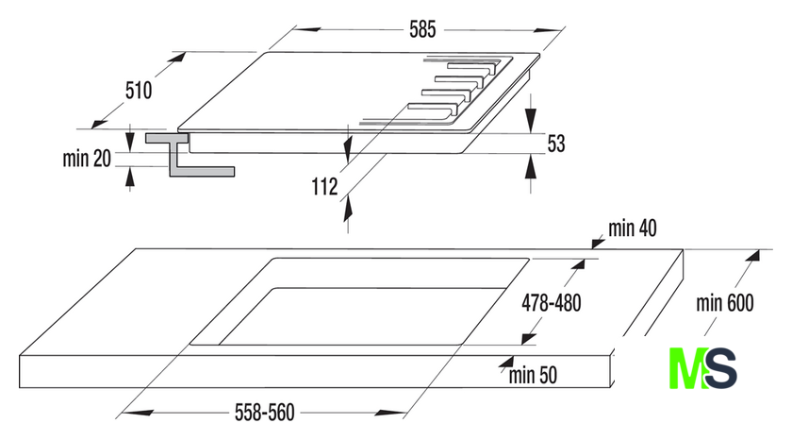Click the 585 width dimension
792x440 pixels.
(421, 29)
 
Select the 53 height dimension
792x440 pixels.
(555, 144)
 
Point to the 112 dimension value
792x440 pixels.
(324, 187)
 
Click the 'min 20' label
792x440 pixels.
(88, 159)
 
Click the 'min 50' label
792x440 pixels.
(534, 374)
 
